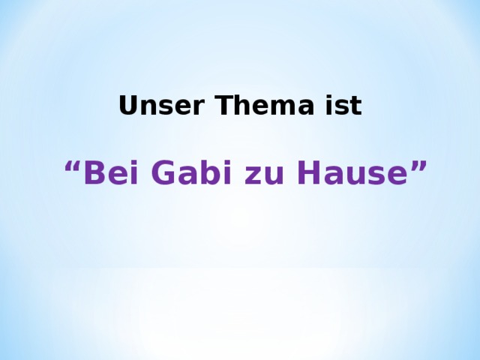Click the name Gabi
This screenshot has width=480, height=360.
(188, 173)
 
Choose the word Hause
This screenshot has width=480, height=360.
(349, 173)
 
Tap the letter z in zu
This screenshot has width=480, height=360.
(249, 176)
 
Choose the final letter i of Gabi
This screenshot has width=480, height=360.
(218, 173)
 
